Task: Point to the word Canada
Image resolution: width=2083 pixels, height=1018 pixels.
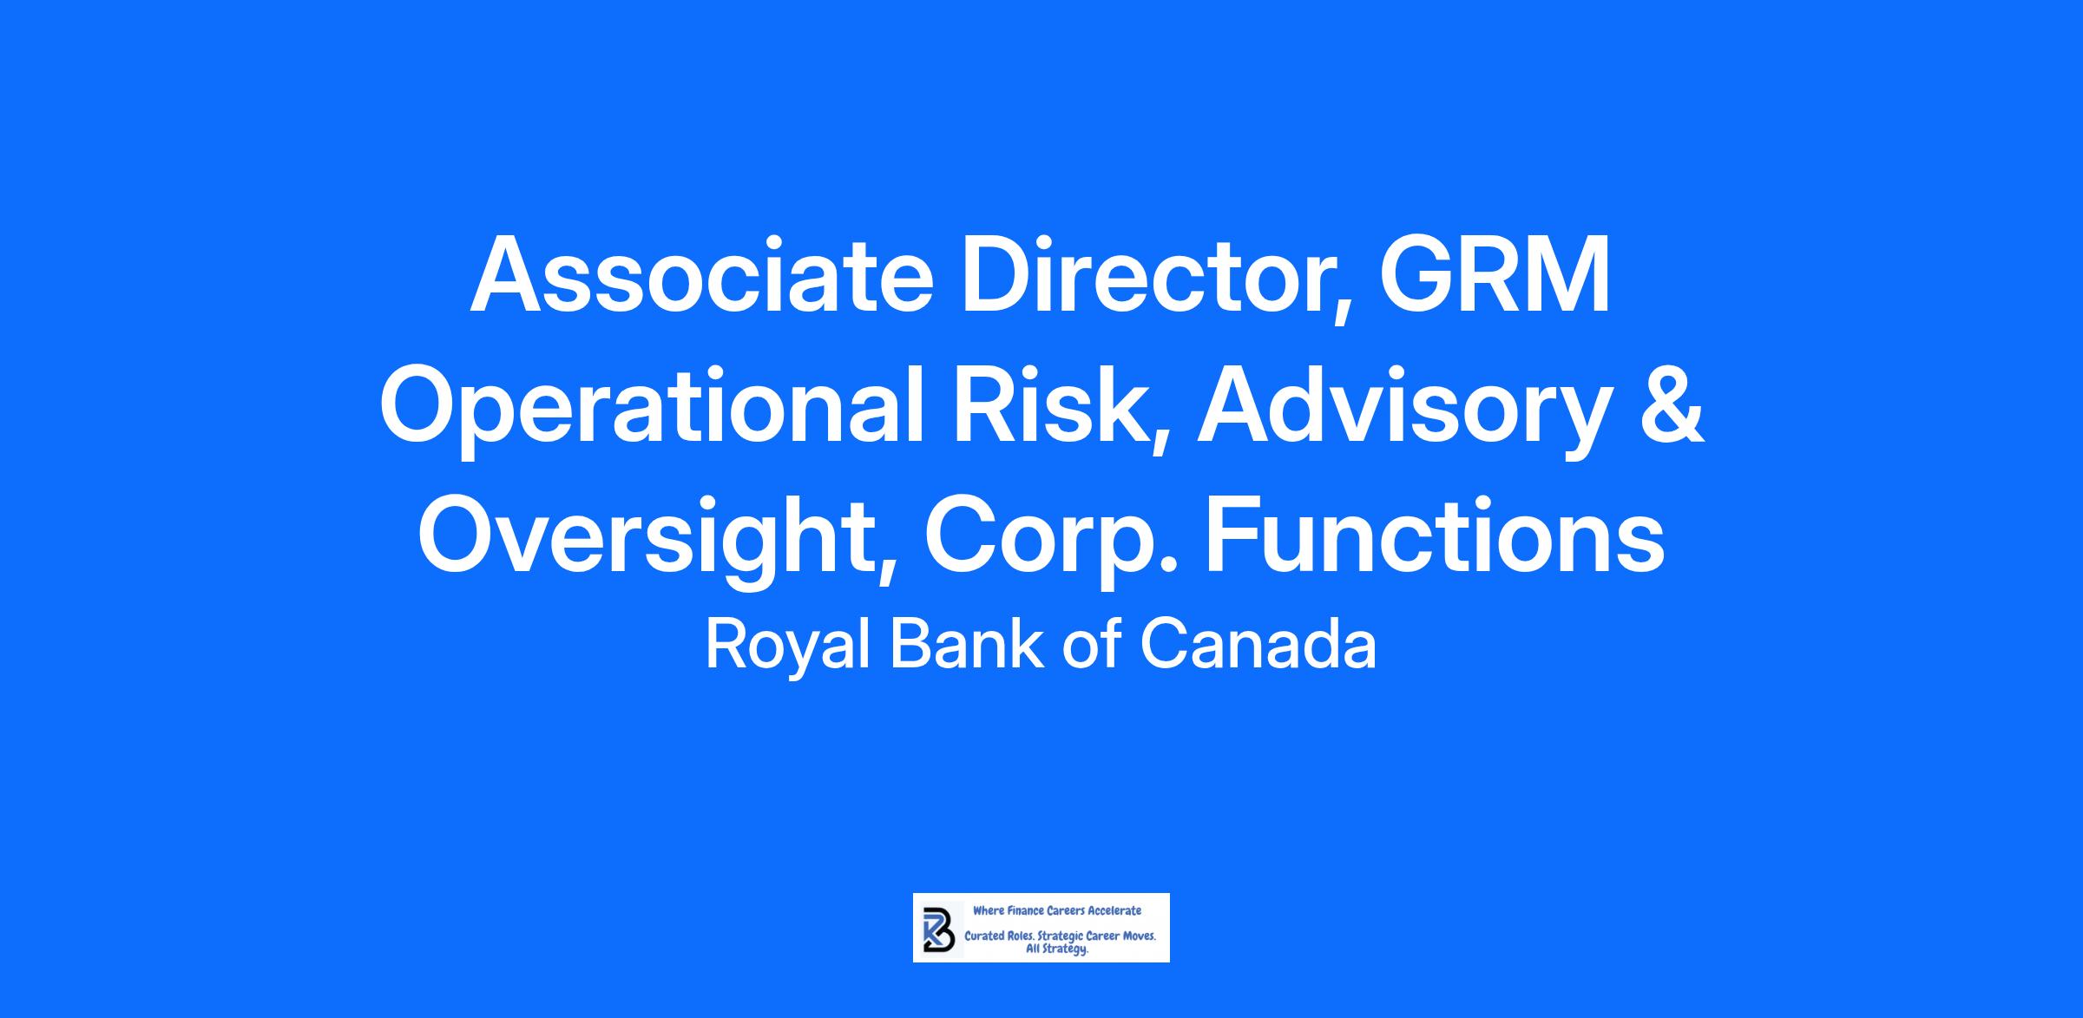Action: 1258,644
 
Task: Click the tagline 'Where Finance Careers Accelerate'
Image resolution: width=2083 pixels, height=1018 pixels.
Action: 1057,910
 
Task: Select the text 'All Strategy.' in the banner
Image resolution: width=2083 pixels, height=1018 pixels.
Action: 1057,949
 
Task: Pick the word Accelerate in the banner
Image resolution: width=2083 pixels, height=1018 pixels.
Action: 1115,910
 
